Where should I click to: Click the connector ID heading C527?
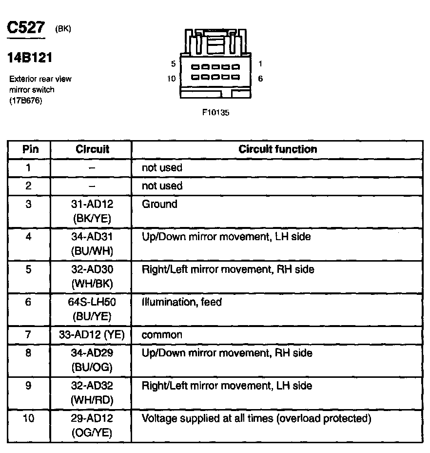coord(25,28)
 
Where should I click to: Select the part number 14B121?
coord(29,58)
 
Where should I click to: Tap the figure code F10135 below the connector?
coord(215,112)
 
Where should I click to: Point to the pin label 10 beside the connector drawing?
coord(171,78)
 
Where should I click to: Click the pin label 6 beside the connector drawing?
coord(260,78)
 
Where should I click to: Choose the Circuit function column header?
coord(277,149)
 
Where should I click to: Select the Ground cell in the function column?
coord(159,204)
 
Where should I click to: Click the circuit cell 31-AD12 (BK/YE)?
coord(92,211)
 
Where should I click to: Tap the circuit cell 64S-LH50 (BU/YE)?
coord(92,309)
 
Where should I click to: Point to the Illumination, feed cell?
coord(181,302)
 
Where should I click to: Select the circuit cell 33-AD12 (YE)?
coord(92,335)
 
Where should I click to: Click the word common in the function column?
coord(162,335)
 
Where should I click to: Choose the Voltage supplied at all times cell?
coord(256,418)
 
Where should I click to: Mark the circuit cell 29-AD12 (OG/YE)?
coord(92,425)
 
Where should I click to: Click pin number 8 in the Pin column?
coord(28,353)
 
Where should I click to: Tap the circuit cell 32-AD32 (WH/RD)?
coord(92,392)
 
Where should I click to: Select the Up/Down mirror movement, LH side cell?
coord(226,237)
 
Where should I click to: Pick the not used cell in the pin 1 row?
coord(162,168)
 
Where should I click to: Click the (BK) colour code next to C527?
coord(63,29)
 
